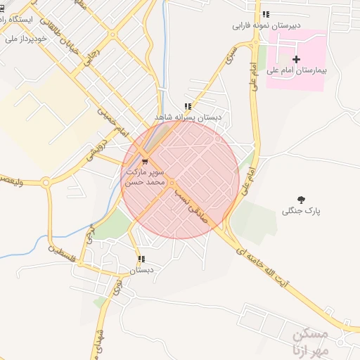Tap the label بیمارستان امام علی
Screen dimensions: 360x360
296,71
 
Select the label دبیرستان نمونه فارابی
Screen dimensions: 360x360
266,26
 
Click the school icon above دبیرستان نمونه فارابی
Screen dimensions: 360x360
265,14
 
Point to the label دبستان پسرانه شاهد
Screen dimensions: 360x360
188,117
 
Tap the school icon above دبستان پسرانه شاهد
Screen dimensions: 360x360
187,106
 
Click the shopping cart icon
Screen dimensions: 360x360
145,161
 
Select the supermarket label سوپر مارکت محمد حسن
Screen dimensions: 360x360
145,176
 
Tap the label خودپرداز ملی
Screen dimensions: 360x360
25,39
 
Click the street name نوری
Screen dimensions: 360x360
117,285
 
